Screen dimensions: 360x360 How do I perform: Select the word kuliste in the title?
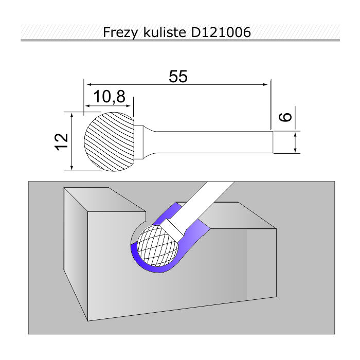tap(165, 32)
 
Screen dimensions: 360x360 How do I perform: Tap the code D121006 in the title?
tap(221, 32)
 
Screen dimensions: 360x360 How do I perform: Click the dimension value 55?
tap(178, 77)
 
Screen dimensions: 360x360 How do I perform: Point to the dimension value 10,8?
tap(110, 97)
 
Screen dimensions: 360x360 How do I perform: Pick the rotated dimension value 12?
tap(62, 142)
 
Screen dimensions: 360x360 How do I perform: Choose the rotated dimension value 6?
tap(285, 117)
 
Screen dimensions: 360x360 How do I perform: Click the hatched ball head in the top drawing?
tap(109, 141)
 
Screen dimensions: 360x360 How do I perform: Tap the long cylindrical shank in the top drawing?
tap(213, 142)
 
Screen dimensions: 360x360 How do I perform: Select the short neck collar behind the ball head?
tap(139, 142)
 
